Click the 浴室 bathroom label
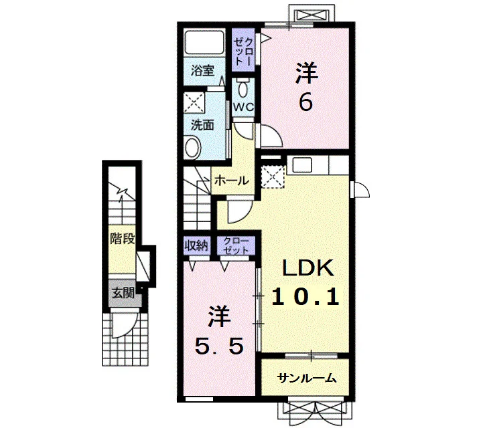click(x=202, y=71)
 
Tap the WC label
click(x=243, y=107)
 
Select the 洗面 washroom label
click(x=202, y=125)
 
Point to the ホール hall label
click(x=232, y=181)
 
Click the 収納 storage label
click(x=196, y=245)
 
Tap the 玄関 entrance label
click(x=123, y=294)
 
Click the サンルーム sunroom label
click(x=307, y=379)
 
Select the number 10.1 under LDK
click(x=305, y=297)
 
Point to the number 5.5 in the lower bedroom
click(x=220, y=346)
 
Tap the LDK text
click(x=307, y=268)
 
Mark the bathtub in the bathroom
click(x=204, y=41)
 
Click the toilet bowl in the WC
click(x=244, y=87)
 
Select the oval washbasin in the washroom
click(x=193, y=148)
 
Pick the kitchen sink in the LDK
click(x=302, y=165)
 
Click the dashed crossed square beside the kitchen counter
click(x=273, y=177)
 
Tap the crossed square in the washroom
click(x=194, y=102)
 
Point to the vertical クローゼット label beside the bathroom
click(x=243, y=51)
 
